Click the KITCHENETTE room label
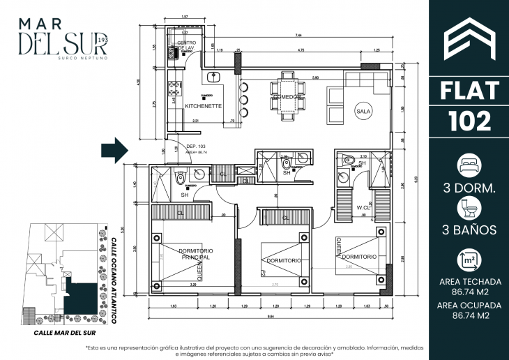pos(203,106)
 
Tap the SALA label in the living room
pos(363,111)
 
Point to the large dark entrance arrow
pos(114,149)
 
